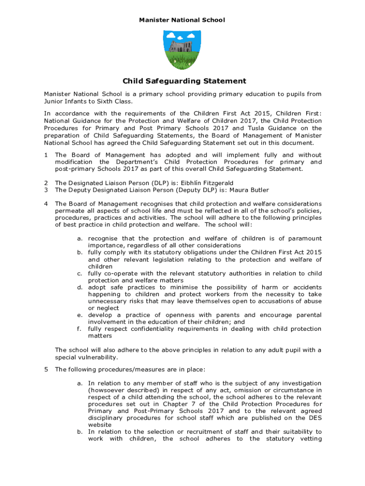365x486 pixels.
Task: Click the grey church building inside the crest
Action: [181, 47]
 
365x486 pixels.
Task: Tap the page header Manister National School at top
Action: [182, 20]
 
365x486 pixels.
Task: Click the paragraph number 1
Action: [46, 155]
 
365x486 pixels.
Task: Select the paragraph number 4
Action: [46, 204]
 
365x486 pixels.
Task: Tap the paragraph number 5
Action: [46, 369]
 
